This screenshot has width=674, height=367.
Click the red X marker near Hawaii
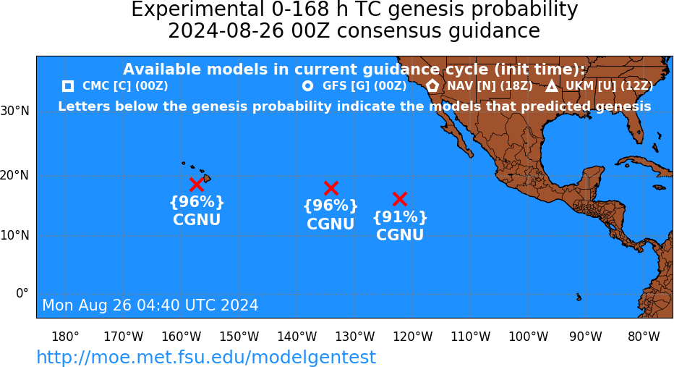[197, 185]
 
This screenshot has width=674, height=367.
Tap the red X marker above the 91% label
[400, 199]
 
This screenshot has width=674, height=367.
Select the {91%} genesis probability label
[400, 217]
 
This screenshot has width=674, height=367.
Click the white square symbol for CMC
[67, 86]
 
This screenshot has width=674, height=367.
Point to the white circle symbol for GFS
[307, 86]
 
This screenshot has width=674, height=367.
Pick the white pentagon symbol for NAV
[432, 85]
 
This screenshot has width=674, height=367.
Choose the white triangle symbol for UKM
[552, 86]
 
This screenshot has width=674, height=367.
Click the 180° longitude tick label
[65, 337]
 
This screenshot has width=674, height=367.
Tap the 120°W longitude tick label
[413, 337]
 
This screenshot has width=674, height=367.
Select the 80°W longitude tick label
[644, 337]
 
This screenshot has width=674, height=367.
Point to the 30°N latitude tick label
[15, 111]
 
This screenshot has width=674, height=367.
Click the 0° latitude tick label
[22, 293]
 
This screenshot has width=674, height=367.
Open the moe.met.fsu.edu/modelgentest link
[206, 357]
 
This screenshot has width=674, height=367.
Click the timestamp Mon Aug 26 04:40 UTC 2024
[150, 305]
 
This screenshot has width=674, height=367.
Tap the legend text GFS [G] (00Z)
[364, 86]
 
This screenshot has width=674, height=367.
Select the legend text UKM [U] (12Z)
[609, 86]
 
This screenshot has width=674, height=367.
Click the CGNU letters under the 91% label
[400, 235]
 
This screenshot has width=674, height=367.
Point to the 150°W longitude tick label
[239, 337]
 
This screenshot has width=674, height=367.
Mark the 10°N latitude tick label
[15, 235]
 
